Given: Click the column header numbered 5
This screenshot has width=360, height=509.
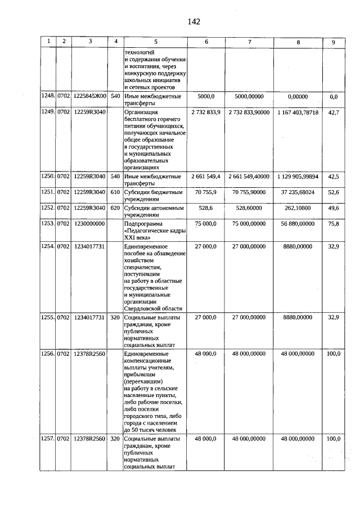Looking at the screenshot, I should tap(156, 42).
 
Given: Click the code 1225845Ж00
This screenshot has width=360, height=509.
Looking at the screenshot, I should tap(90, 97).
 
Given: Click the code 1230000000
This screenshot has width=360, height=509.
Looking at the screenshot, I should tap(90, 223).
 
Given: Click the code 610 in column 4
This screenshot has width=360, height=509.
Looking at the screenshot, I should tap(115, 192).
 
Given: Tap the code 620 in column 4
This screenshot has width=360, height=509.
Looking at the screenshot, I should tap(115, 208).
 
